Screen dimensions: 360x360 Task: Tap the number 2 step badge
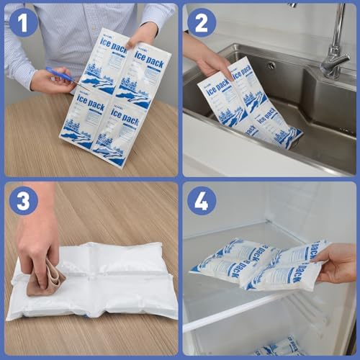click(202, 22)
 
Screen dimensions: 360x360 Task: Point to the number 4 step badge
click(202, 202)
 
